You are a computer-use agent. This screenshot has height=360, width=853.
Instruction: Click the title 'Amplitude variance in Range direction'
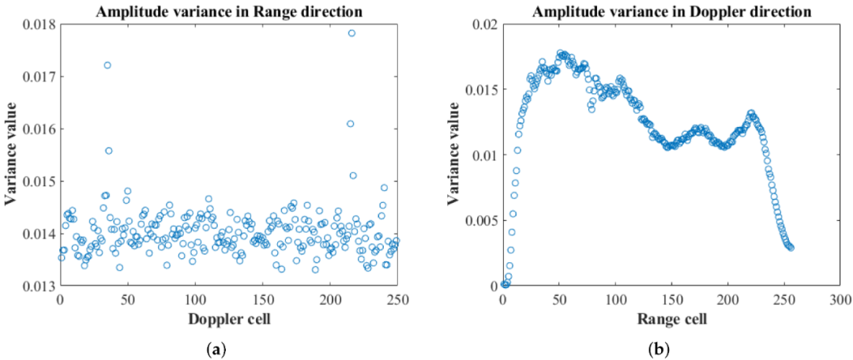tap(227, 12)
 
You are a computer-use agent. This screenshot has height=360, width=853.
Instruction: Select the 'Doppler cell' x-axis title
tap(227, 319)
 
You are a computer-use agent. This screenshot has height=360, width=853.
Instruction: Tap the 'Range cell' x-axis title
tap(671, 319)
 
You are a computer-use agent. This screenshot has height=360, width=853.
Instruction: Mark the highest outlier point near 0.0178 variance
tap(351, 33)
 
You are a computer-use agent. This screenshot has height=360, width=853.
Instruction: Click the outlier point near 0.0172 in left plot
tap(107, 65)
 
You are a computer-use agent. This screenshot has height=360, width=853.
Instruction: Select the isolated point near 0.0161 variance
tap(350, 123)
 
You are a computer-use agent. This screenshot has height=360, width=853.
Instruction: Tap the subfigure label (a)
tap(227, 348)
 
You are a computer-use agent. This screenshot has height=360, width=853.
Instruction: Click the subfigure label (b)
tap(671, 348)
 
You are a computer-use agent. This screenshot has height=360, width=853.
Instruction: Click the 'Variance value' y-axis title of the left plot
tap(11, 155)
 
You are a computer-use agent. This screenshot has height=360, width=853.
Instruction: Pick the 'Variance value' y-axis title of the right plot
tap(457, 155)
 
